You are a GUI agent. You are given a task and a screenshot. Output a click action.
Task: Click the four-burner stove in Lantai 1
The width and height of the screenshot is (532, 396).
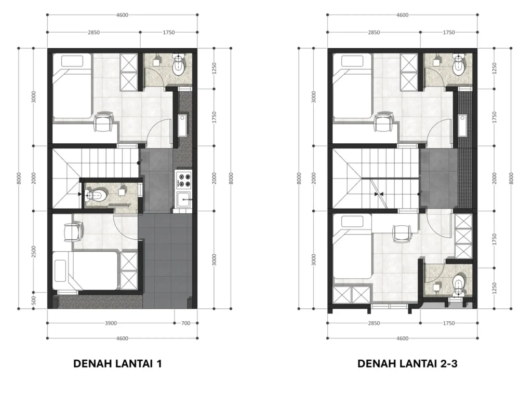(x=183, y=180)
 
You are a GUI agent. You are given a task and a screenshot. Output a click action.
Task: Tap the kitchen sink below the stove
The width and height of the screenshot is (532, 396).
(x=183, y=199)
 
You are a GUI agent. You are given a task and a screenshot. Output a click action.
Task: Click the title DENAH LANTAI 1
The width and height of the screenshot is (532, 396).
(x=117, y=364)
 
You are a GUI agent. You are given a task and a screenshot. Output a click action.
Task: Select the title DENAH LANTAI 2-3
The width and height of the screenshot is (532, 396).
(x=407, y=364)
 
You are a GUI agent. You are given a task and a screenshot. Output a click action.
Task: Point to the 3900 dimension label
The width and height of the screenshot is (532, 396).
(x=111, y=323)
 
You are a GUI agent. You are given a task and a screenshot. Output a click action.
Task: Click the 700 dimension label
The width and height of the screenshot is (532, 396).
(x=185, y=323)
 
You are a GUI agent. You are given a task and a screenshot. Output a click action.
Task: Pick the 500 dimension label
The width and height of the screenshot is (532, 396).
(x=33, y=301)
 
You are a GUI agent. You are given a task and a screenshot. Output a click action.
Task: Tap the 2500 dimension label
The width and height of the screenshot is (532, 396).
(x=33, y=252)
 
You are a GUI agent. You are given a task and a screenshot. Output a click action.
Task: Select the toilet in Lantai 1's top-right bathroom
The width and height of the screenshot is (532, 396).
(x=179, y=64)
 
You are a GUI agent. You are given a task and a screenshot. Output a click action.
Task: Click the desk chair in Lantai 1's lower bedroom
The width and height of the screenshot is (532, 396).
(x=73, y=232)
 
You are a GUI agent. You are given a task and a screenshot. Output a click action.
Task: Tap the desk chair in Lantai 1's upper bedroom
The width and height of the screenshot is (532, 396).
(x=103, y=122)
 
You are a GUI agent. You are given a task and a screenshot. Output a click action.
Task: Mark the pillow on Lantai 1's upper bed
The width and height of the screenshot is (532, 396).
(x=72, y=61)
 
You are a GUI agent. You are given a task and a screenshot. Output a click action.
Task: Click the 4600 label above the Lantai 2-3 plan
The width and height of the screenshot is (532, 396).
(x=403, y=15)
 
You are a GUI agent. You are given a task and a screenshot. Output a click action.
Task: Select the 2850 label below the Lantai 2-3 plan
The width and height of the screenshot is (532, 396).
(x=374, y=323)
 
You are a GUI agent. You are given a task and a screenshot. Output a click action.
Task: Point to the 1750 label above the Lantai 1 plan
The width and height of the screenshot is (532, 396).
(x=169, y=33)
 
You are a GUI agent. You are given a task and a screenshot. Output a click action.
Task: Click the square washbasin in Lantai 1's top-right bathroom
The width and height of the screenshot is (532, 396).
(x=156, y=62)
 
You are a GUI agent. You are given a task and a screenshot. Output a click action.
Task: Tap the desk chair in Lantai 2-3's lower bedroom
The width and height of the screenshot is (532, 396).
(x=402, y=234)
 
